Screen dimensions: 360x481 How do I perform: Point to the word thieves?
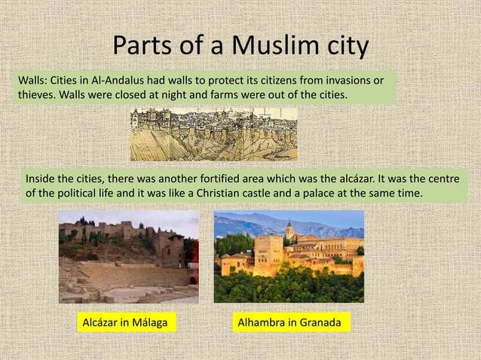point(35,96)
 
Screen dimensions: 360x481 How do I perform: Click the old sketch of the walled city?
point(213,133)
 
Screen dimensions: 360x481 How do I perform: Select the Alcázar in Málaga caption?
point(126,323)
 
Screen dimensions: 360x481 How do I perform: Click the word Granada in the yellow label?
point(321,323)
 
